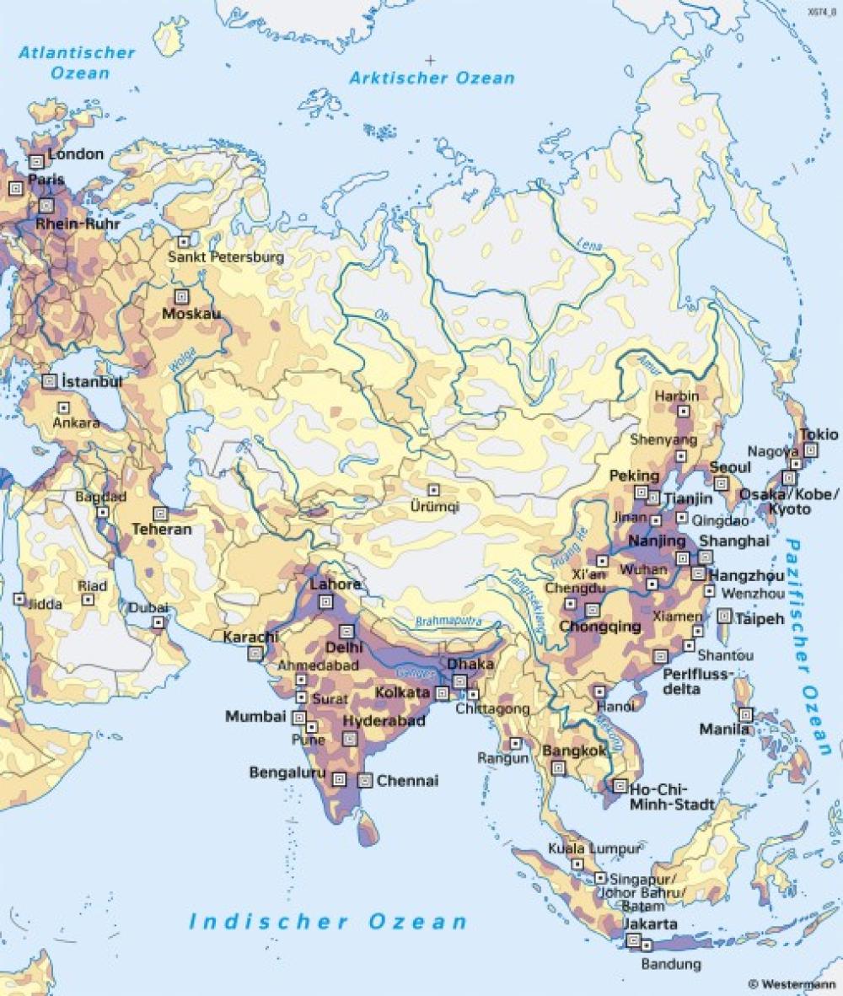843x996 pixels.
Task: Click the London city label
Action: [76, 154]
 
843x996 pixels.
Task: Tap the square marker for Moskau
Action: [181, 297]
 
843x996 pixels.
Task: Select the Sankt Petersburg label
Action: [226, 257]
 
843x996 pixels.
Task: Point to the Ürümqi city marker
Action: [433, 490]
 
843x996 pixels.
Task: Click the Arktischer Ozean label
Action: [432, 78]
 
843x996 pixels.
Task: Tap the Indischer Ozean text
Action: [328, 921]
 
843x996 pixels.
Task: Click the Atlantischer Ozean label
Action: [78, 62]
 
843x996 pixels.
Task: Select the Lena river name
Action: [590, 244]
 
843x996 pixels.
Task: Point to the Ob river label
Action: [381, 315]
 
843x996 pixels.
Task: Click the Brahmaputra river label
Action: [448, 621]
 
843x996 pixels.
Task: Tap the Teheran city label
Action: [162, 530]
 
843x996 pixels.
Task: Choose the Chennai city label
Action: [407, 781]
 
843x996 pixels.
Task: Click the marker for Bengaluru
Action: [340, 779]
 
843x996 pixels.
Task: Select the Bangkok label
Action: [576, 751]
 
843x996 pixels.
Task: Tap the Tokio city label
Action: [819, 434]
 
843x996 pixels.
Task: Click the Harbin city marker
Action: [684, 412]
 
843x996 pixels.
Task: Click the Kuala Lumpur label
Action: [593, 848]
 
